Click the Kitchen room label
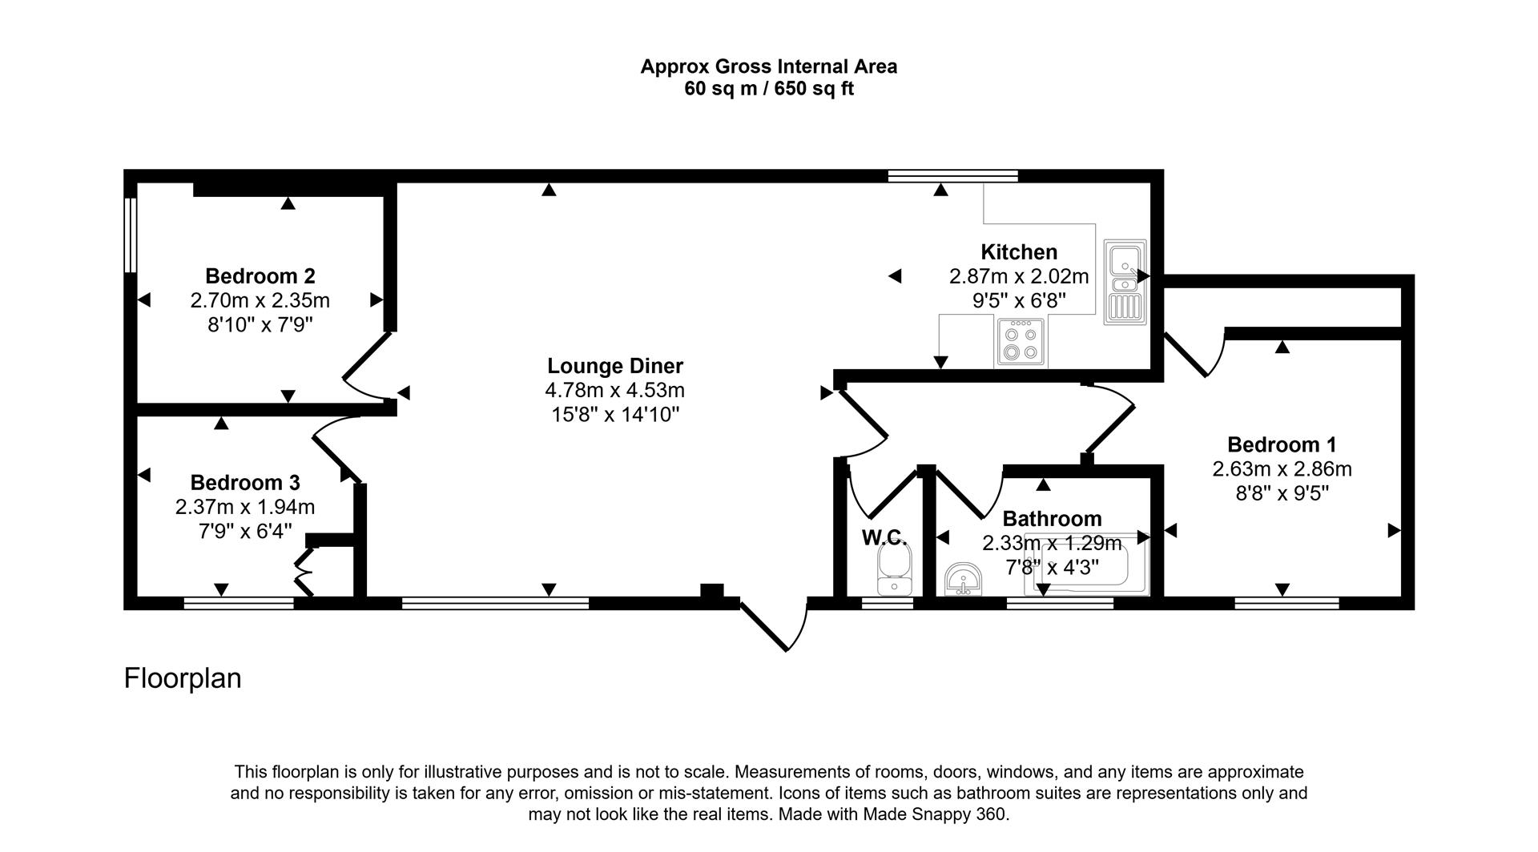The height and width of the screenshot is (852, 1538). (x=1019, y=252)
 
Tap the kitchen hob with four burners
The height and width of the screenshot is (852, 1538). (x=1021, y=343)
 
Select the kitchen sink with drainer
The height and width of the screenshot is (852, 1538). (x=1125, y=281)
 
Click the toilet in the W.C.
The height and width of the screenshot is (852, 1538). (x=894, y=569)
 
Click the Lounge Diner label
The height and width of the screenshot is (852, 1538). (x=614, y=366)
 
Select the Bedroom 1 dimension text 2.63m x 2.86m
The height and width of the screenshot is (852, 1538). (x=1282, y=469)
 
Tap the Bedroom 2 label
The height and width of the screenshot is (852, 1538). (x=260, y=276)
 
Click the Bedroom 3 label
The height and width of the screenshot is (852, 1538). (x=245, y=483)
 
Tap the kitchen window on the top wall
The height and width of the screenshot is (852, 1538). (x=952, y=176)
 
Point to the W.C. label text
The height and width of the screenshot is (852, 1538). (x=884, y=537)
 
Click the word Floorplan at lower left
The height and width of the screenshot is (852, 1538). (x=183, y=678)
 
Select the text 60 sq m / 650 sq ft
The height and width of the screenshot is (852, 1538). (x=768, y=89)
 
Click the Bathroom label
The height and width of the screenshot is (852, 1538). (x=1052, y=519)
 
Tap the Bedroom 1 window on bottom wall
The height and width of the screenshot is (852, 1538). (x=1286, y=603)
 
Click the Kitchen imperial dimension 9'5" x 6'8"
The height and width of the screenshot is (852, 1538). (x=1019, y=301)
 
